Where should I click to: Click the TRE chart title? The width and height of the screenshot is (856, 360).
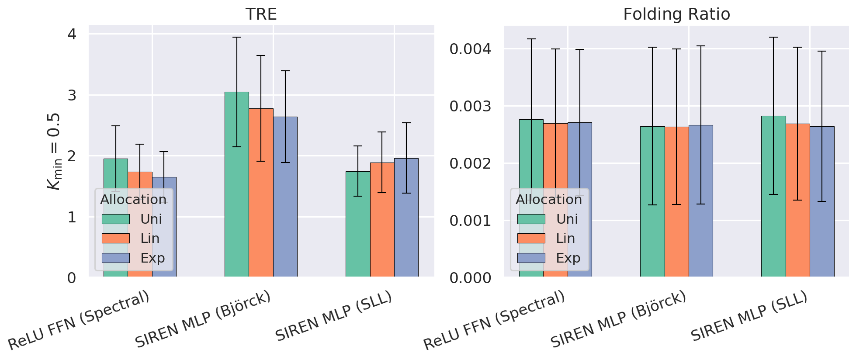click(261, 14)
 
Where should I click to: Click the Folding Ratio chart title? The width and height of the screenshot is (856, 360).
click(676, 14)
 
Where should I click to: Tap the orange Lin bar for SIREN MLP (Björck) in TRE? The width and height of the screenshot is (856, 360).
click(261, 192)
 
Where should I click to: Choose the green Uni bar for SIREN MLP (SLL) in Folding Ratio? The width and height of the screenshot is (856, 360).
click(773, 196)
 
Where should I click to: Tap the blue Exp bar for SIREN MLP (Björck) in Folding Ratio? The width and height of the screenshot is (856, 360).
click(701, 201)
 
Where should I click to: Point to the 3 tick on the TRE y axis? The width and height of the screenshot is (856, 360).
click(72, 95)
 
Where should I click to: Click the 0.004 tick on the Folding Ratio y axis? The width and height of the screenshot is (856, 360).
click(470, 49)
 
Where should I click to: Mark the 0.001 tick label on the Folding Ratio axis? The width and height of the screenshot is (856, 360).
click(470, 221)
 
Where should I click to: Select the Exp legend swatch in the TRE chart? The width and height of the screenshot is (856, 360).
click(116, 258)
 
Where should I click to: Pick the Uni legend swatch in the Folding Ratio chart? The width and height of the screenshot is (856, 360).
click(531, 219)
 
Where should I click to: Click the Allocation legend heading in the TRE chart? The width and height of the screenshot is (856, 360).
click(133, 200)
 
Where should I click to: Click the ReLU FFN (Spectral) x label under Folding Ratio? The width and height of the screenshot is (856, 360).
click(494, 321)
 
